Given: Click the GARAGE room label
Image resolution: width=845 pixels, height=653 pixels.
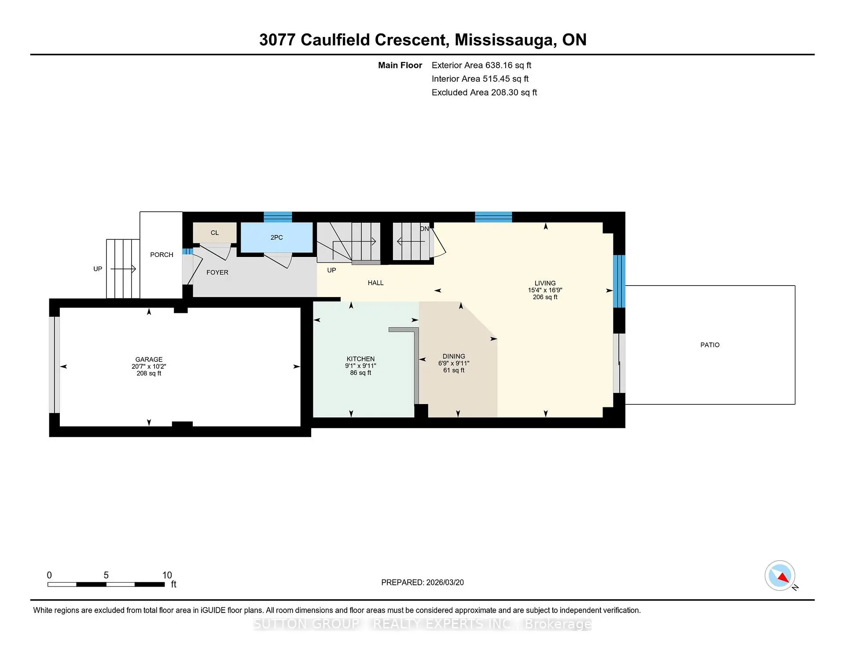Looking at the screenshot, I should [x=149, y=360].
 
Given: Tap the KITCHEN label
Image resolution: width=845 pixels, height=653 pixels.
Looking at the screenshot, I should [x=360, y=359].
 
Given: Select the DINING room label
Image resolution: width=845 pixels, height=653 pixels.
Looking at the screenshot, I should [x=454, y=356].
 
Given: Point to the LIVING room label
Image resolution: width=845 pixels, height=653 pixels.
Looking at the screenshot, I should [x=545, y=283].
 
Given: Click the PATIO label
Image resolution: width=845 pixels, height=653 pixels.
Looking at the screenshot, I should [x=710, y=345].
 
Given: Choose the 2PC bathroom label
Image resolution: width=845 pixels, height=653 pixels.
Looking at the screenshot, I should [x=276, y=238].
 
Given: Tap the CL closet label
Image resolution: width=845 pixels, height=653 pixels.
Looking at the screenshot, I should [x=215, y=233].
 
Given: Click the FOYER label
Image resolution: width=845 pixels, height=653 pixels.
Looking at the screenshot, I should [x=217, y=272].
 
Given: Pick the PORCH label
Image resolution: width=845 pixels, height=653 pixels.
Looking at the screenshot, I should [x=162, y=255].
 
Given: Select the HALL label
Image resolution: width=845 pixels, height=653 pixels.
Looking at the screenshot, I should [x=375, y=283].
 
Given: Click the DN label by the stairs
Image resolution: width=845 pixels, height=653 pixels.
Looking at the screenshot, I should [x=424, y=229].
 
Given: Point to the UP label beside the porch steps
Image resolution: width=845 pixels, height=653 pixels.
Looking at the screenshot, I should [x=98, y=269].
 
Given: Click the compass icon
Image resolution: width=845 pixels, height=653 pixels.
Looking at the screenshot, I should [x=780, y=576].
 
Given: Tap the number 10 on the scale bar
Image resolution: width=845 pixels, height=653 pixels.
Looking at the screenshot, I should [x=167, y=575].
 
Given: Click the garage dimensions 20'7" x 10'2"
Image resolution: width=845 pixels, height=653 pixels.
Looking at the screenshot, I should [x=149, y=367].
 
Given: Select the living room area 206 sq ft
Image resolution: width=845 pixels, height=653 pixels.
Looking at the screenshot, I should [x=545, y=297].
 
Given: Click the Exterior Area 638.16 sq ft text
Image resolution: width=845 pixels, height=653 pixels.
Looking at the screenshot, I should [x=481, y=65].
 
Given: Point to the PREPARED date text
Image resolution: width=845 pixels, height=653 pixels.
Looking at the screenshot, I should [x=422, y=582].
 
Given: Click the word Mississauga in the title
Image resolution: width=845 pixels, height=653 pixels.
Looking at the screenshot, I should [x=504, y=40].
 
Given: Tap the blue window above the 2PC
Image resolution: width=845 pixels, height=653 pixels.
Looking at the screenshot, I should [x=278, y=217].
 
